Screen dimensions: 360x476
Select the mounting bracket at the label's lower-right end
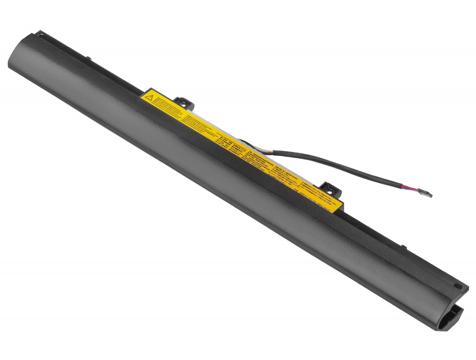point(331,189)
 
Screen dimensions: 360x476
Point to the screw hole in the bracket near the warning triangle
point(183,100)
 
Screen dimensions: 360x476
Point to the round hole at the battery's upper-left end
point(40,34)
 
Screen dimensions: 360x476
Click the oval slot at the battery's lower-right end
point(458,286)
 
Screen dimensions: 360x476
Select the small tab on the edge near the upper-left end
point(89,60)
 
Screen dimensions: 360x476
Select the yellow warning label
point(228,143)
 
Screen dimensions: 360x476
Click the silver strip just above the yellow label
point(228,129)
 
